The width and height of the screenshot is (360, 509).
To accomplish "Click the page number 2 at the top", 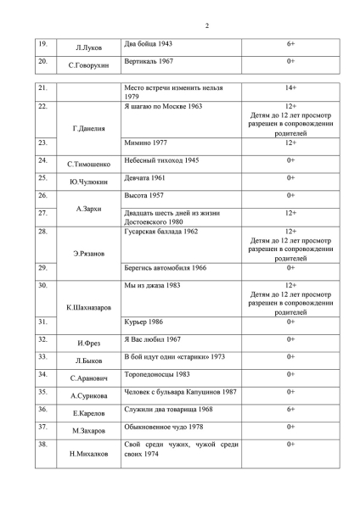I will (206, 25).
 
